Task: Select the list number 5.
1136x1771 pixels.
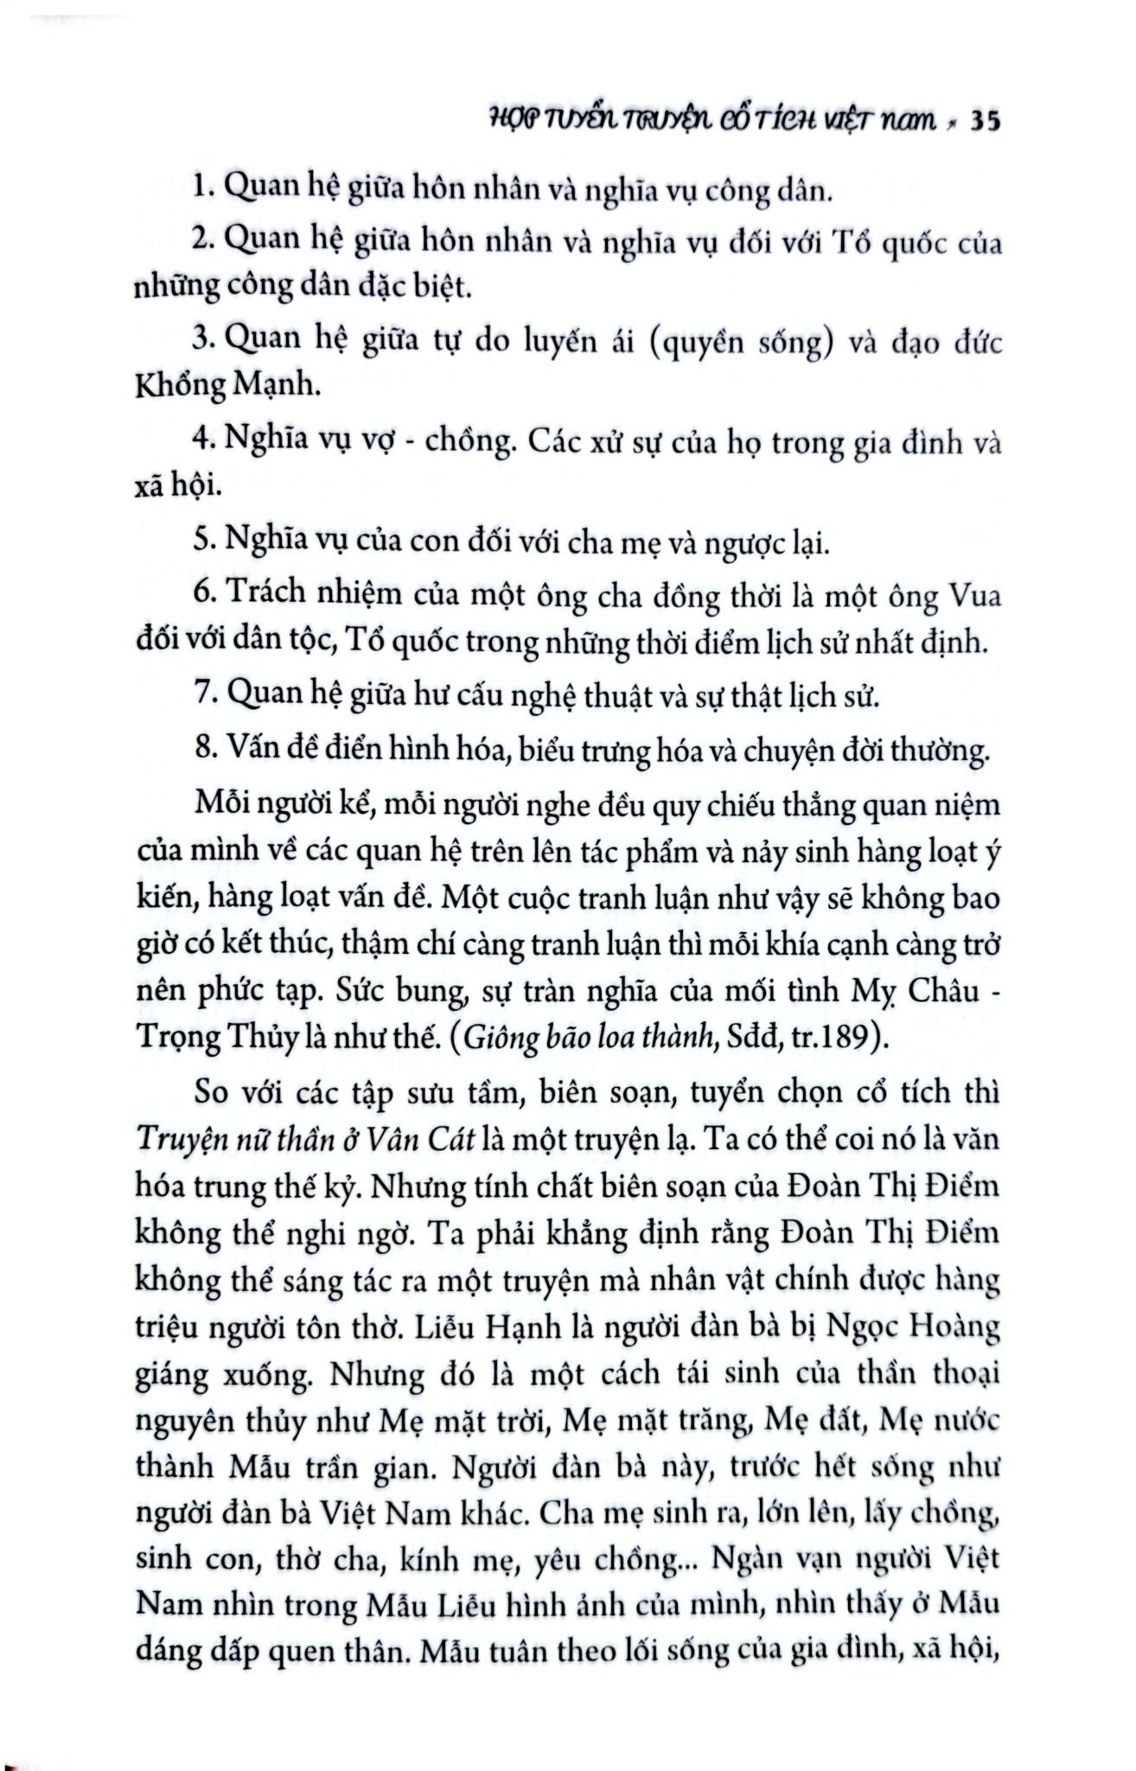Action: pyautogui.click(x=203, y=542)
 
